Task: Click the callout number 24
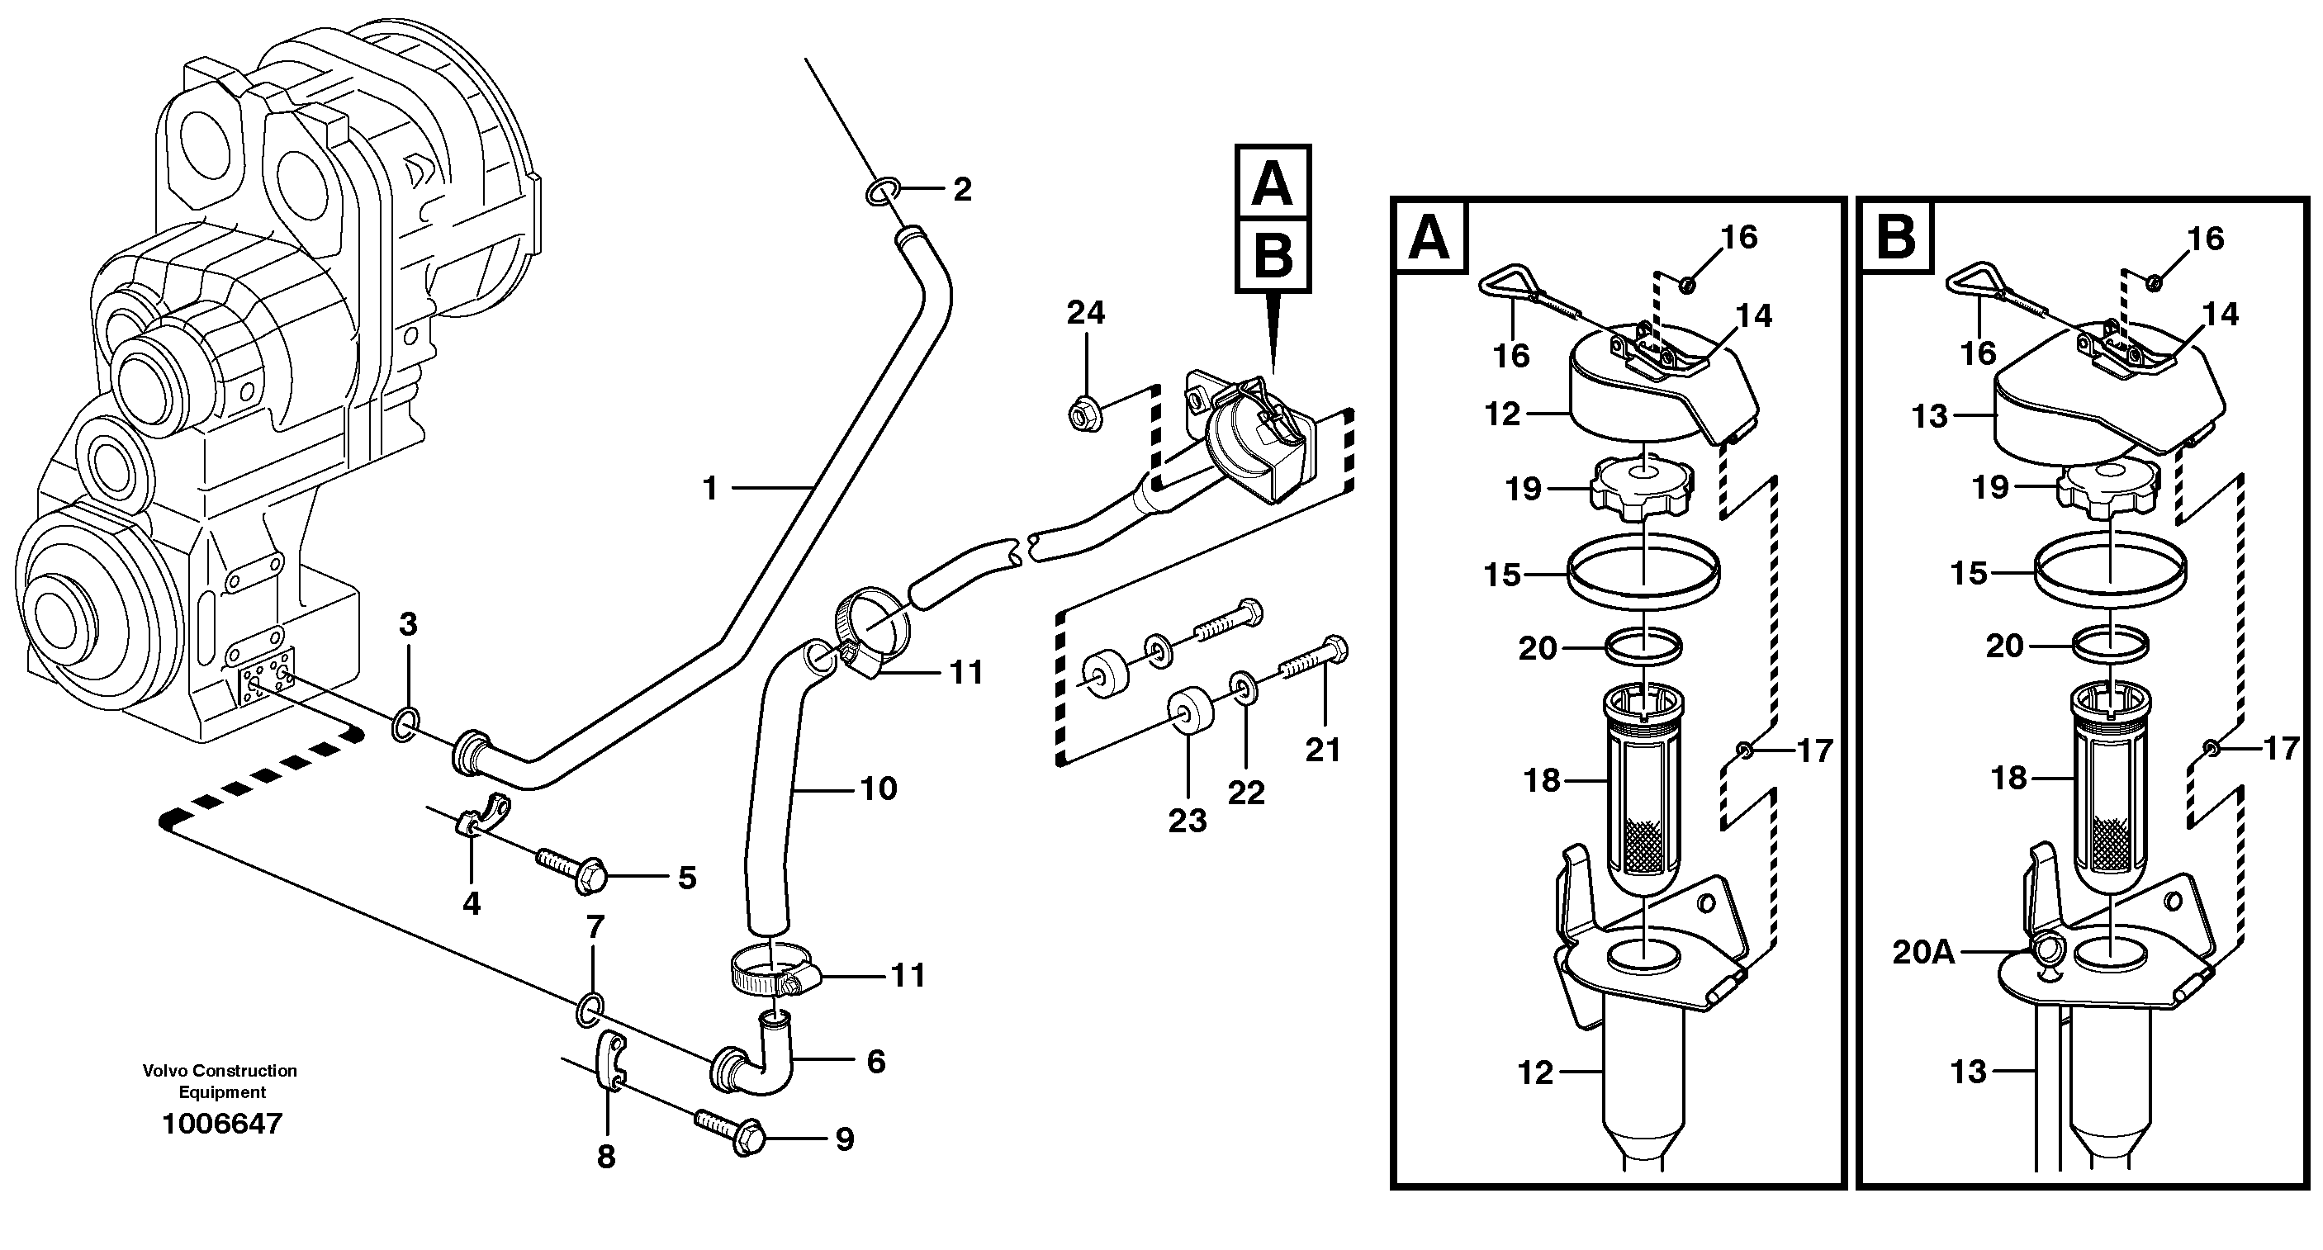click(x=1085, y=313)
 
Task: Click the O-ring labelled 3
click(x=405, y=724)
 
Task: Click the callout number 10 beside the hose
click(x=879, y=789)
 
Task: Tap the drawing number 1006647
click(x=222, y=1124)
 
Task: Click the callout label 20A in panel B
click(x=1923, y=953)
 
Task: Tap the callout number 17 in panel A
click(x=1815, y=750)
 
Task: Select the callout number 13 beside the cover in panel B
click(x=1930, y=417)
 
